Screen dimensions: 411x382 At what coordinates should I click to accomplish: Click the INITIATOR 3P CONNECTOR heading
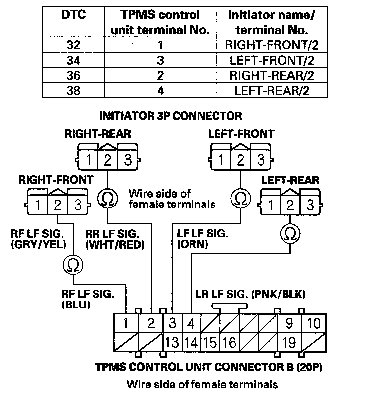pos(171,116)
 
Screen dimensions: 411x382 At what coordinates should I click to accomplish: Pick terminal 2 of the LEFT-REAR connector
pos(290,205)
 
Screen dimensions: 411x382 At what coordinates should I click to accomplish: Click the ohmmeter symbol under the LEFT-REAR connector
pos(290,232)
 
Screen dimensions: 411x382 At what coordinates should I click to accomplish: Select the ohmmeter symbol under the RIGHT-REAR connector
pos(107,198)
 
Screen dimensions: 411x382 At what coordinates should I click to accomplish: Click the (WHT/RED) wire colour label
pos(115,245)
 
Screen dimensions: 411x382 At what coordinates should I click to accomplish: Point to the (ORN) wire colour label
pos(192,245)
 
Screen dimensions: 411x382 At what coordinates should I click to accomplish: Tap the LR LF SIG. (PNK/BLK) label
pos(249,294)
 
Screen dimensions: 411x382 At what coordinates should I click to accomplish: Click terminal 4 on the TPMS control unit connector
pos(191,324)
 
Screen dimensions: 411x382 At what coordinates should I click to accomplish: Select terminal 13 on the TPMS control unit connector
pos(172,342)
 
